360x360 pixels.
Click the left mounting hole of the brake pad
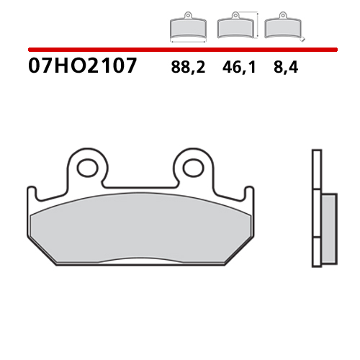[x=88, y=168]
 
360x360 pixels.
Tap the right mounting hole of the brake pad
[x=192, y=168]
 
